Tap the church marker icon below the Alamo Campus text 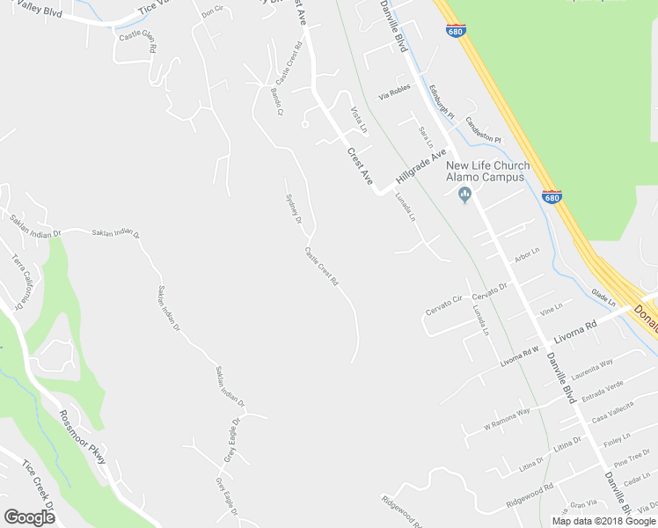pos(466,195)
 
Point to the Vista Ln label pos(359,121)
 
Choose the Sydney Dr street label pos(295,207)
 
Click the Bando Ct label pos(277,102)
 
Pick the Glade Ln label pos(603,297)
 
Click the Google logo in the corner pos(30,517)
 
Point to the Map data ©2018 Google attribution pos(603,521)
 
